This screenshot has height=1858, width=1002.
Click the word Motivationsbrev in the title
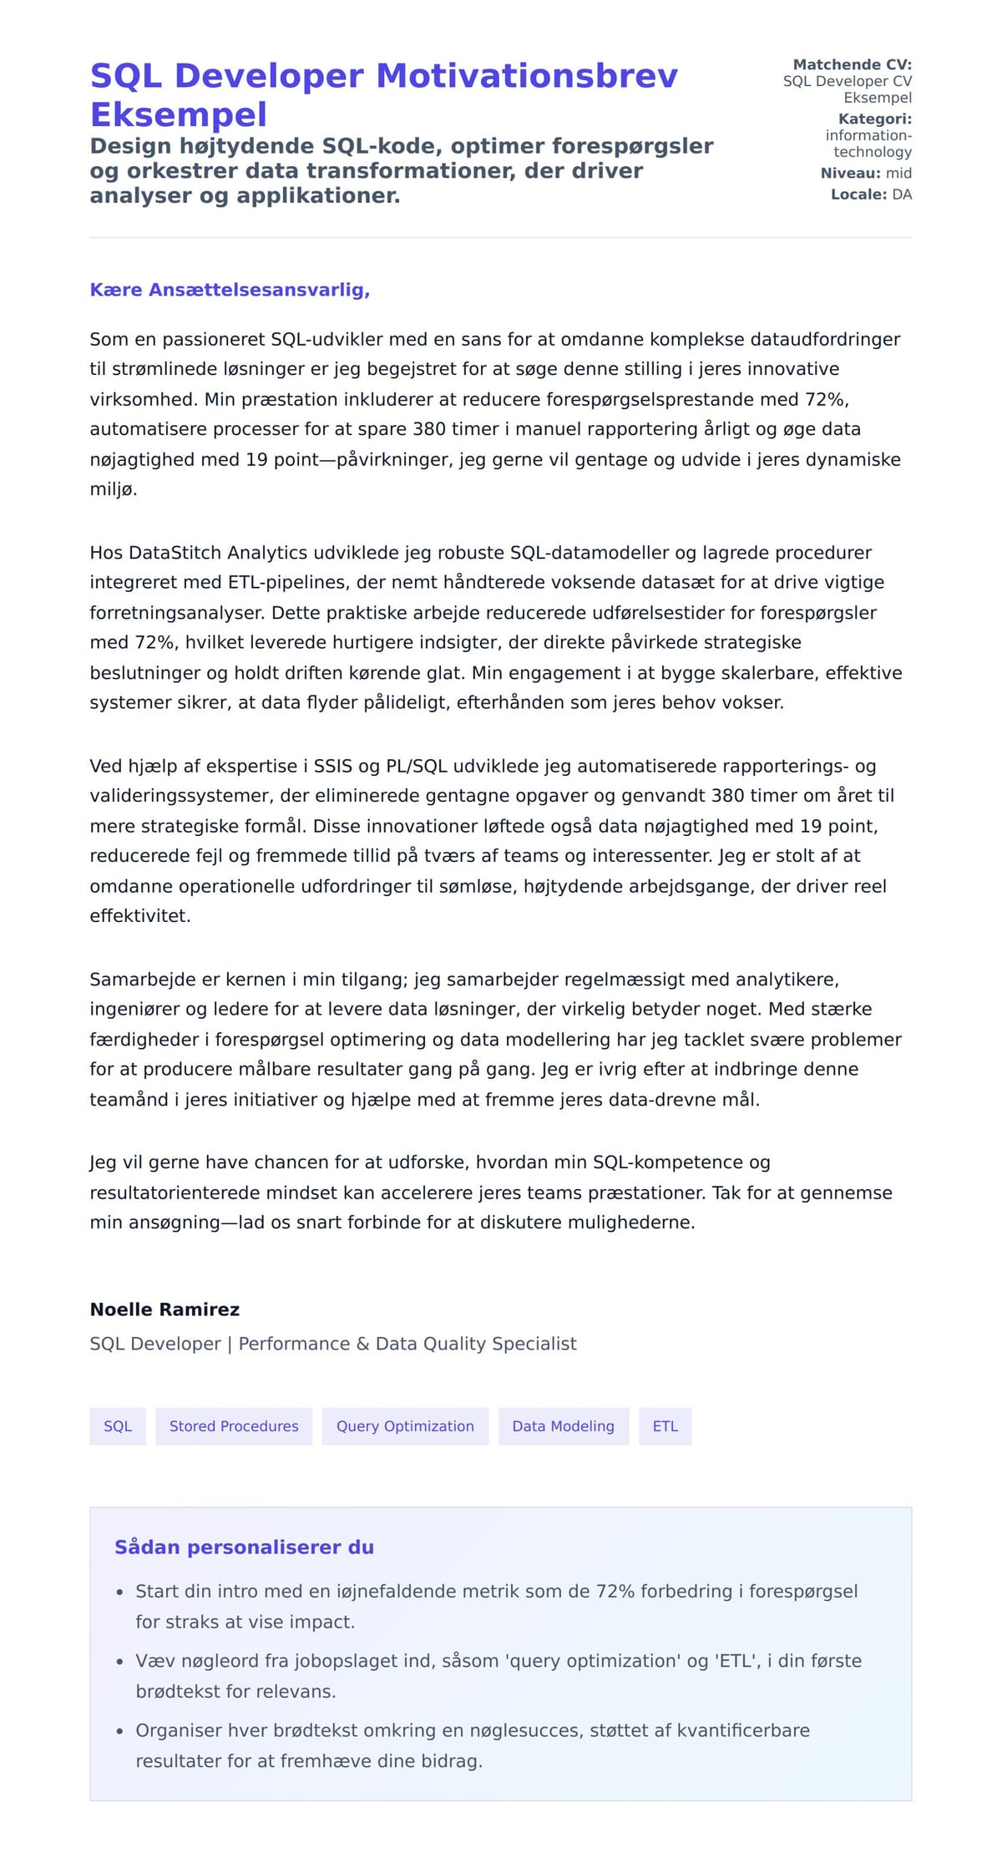coord(527,76)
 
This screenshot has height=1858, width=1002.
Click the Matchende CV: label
coord(852,64)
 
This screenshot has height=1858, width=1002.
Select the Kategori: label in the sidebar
coord(874,119)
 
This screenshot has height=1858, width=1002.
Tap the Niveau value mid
coord(898,173)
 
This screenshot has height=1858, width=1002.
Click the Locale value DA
coord(902,195)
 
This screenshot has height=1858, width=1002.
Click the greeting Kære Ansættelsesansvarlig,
coord(230,290)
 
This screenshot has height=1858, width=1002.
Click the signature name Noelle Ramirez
coord(164,1309)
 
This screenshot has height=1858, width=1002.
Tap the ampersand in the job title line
coord(362,1344)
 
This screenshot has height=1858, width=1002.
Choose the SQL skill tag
coord(118,1426)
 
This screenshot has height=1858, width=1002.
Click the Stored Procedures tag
coord(234,1426)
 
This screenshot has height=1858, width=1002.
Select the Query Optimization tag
coord(405,1426)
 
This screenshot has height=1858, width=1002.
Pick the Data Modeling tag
coord(563,1426)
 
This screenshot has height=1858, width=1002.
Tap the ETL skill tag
coord(665,1426)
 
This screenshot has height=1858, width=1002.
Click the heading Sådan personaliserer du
coord(244,1547)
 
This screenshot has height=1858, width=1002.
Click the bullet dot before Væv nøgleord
coord(120,1662)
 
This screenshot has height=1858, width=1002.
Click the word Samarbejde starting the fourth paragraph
coord(132,979)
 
